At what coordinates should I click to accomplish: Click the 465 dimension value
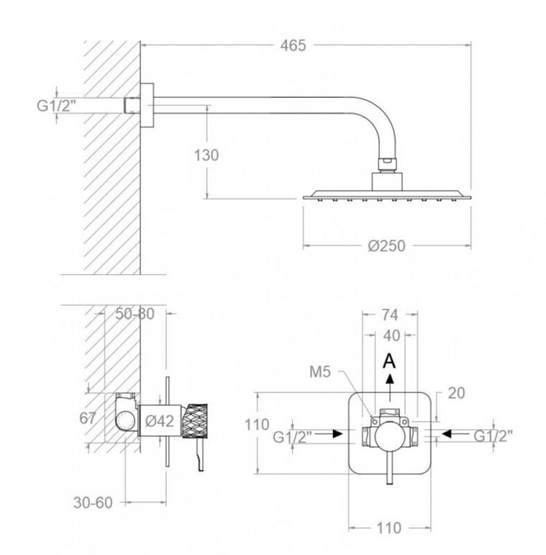click(293, 46)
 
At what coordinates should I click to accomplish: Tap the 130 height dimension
click(206, 155)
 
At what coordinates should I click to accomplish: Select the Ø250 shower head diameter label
click(386, 246)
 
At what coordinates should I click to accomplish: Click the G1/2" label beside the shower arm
click(57, 105)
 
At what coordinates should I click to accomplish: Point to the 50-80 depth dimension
click(135, 314)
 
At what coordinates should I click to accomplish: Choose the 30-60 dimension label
click(93, 502)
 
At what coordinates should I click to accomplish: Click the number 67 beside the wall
click(87, 418)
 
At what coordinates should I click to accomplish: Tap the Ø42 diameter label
click(160, 421)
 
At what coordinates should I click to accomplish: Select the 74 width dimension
click(390, 315)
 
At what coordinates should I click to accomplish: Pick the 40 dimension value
click(391, 336)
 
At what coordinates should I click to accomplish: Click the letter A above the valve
click(390, 361)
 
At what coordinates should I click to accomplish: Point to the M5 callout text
click(320, 372)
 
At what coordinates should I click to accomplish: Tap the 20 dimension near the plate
click(456, 393)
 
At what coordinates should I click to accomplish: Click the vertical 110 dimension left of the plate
click(257, 425)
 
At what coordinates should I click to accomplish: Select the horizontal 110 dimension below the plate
click(389, 528)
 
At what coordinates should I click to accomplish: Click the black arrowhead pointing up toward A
click(390, 379)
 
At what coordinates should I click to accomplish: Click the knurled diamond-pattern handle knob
click(195, 421)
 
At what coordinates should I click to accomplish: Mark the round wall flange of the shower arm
click(147, 105)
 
